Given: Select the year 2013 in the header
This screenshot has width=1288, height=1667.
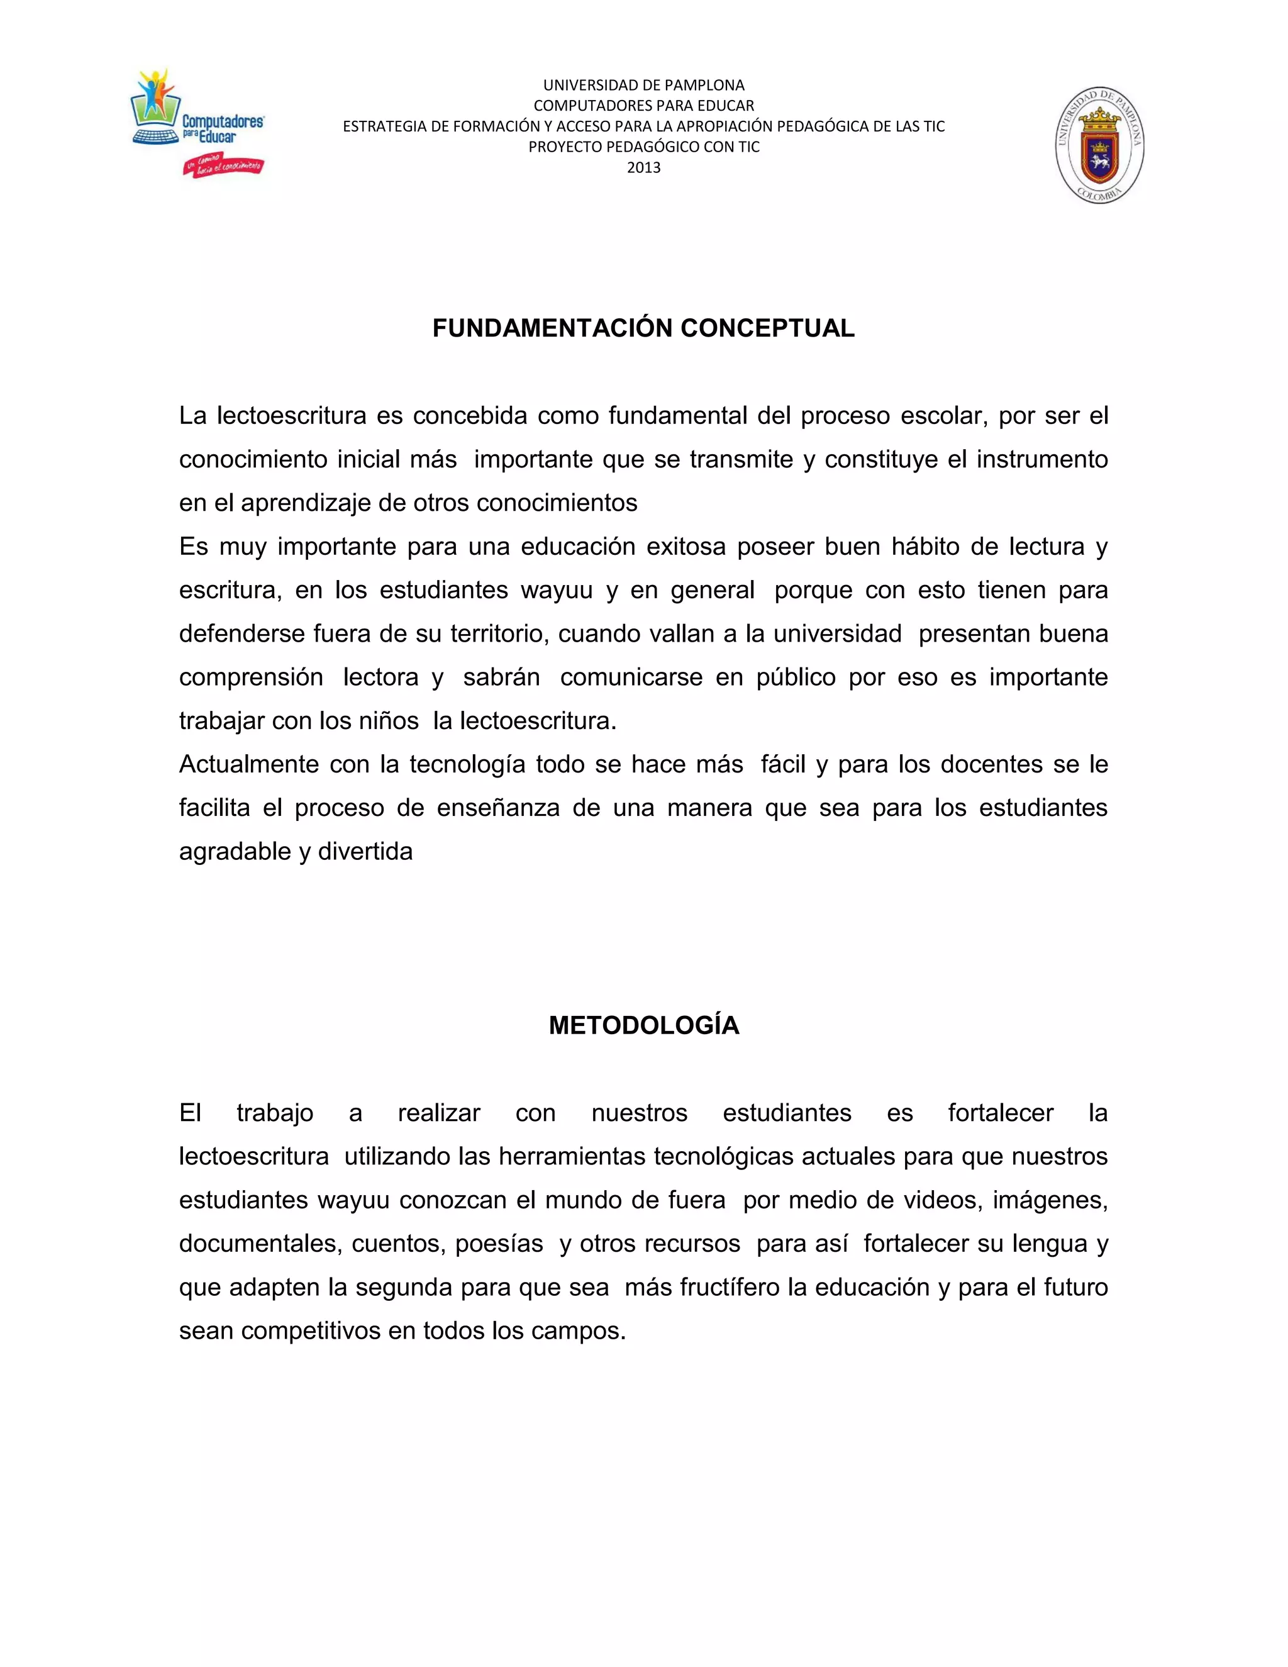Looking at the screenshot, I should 643,168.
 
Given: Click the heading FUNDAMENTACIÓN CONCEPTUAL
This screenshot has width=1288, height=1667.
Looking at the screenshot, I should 643,328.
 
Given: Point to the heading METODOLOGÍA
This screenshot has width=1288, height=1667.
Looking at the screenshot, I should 643,1025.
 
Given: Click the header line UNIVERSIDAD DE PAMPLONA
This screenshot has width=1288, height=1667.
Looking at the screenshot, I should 643,86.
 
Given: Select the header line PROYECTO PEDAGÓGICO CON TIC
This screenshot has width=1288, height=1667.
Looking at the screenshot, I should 643,147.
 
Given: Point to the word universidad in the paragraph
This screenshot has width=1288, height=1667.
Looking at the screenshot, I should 837,633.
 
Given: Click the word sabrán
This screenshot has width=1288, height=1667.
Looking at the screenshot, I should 501,677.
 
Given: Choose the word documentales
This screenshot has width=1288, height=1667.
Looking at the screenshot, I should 261,1244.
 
